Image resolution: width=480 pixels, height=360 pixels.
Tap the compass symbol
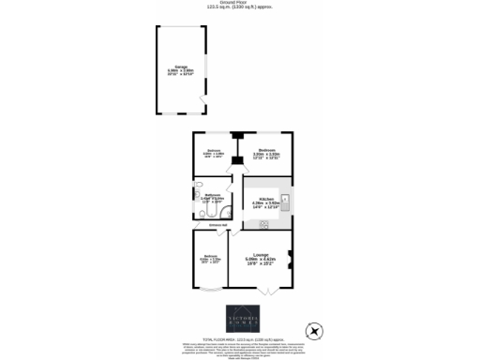click(316, 331)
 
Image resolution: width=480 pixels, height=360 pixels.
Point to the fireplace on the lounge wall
click(290, 260)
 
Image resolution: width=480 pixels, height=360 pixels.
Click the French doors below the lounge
click(265, 293)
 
